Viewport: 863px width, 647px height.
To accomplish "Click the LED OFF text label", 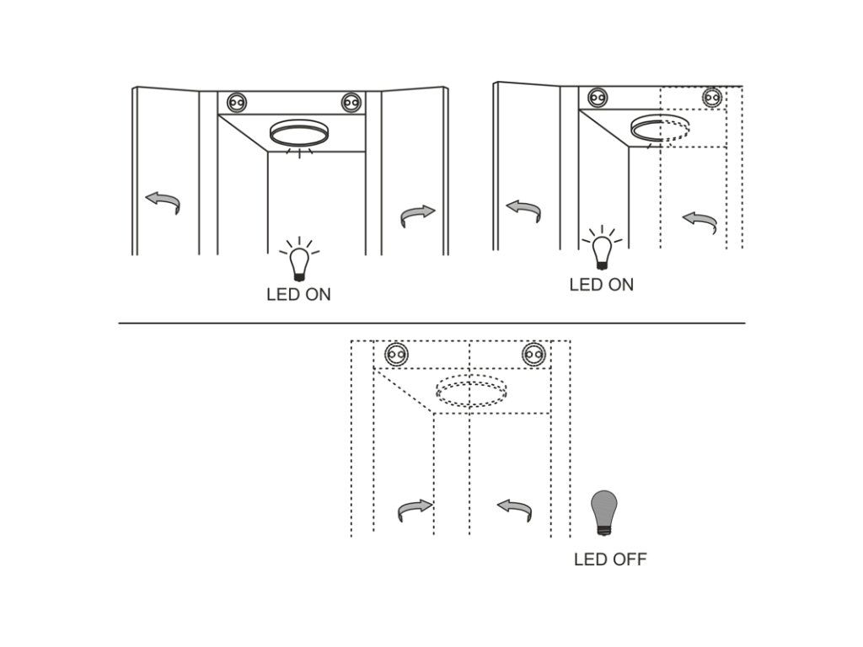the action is tap(610, 559).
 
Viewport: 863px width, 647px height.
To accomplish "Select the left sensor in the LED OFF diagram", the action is tap(396, 355).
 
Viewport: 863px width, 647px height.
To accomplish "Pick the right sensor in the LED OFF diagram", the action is tap(533, 355).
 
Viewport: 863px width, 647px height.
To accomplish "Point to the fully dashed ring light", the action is tap(471, 391).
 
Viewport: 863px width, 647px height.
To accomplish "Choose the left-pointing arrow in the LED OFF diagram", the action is tap(515, 510).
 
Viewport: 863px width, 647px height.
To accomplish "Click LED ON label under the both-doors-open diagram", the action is tap(299, 294).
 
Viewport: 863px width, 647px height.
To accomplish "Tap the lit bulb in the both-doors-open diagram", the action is tap(299, 259).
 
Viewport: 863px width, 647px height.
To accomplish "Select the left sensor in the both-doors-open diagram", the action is tap(237, 103).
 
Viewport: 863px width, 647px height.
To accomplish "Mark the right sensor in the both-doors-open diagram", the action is tap(351, 103).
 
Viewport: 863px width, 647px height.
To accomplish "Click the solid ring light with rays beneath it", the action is tap(299, 132).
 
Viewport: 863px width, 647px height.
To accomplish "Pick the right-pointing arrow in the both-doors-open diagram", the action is tap(418, 215).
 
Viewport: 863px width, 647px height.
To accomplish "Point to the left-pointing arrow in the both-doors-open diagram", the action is tap(163, 202).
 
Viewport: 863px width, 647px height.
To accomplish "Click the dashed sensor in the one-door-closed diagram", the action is tap(712, 98).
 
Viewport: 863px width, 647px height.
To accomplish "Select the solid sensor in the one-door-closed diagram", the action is tap(598, 98).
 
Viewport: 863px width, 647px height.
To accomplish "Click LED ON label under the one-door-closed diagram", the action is tap(602, 285).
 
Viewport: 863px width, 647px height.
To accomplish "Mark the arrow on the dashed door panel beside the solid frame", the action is tap(700, 222).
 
